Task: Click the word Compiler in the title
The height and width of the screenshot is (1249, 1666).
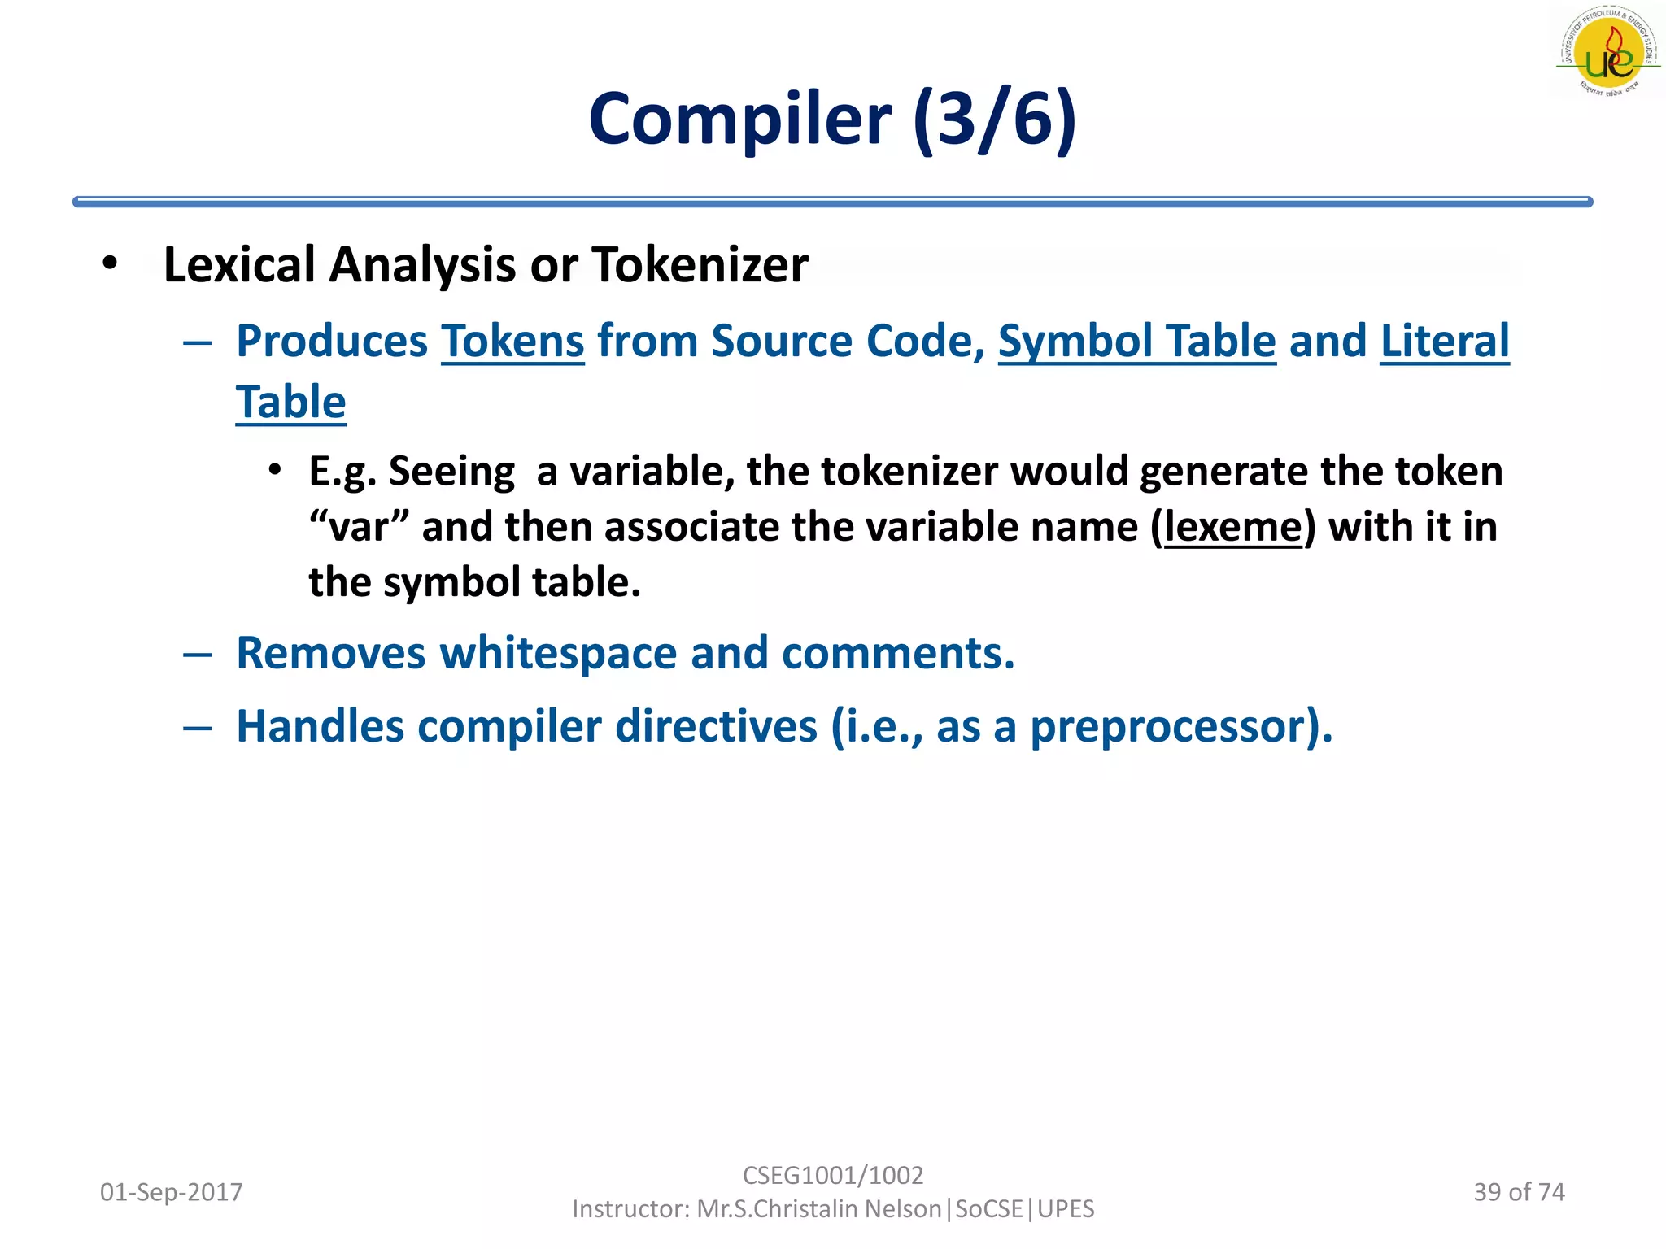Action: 739,120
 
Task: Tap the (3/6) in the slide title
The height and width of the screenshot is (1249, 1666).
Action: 994,120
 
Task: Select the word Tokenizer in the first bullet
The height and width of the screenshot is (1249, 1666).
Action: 700,265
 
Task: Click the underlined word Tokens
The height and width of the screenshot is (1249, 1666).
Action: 512,341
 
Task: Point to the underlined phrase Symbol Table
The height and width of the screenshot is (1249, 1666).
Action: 1136,341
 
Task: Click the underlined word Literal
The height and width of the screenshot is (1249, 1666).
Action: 1445,341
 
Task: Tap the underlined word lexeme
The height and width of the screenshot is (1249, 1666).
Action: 1233,527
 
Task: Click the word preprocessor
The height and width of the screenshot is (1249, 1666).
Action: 1174,726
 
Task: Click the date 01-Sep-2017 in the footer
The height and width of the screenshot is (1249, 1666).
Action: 171,1192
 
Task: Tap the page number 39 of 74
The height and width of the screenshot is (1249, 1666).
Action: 1519,1192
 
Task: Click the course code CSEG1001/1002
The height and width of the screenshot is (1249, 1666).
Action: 833,1176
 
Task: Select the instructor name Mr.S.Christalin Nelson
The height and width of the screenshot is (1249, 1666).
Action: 818,1209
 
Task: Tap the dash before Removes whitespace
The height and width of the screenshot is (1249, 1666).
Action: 198,654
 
